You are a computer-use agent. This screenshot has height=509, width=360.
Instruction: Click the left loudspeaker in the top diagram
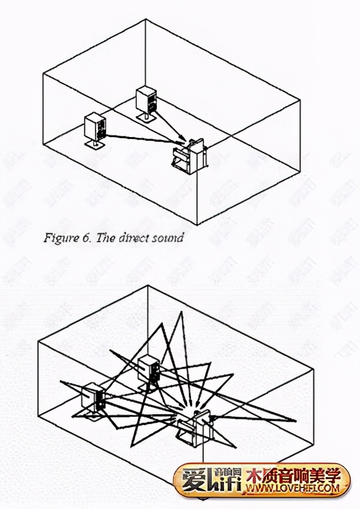96,127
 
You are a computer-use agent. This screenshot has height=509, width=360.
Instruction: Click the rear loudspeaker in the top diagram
146,99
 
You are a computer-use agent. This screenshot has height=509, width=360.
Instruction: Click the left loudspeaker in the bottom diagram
93,396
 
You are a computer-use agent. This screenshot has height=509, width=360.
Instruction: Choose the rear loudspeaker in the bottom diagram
149,369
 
